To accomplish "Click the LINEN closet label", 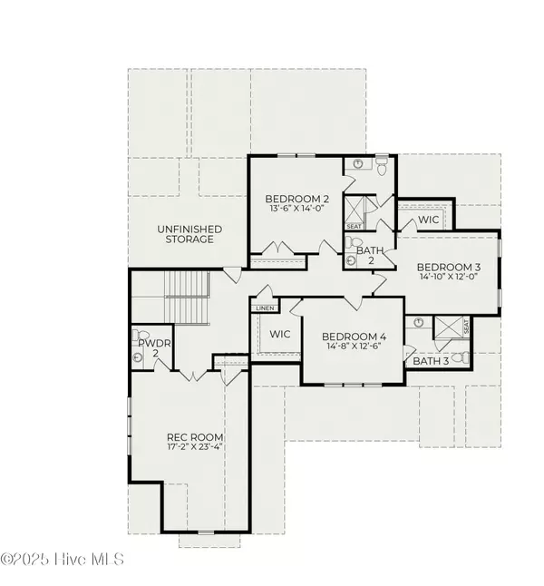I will pyautogui.click(x=265, y=308).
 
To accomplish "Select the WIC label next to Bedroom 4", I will pyautogui.click(x=280, y=334).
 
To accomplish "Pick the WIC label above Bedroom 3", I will pyautogui.click(x=428, y=220).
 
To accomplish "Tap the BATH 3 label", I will pyautogui.click(x=430, y=360).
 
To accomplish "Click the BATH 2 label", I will pyautogui.click(x=369, y=255).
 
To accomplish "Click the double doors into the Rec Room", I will pyautogui.click(x=195, y=376).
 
